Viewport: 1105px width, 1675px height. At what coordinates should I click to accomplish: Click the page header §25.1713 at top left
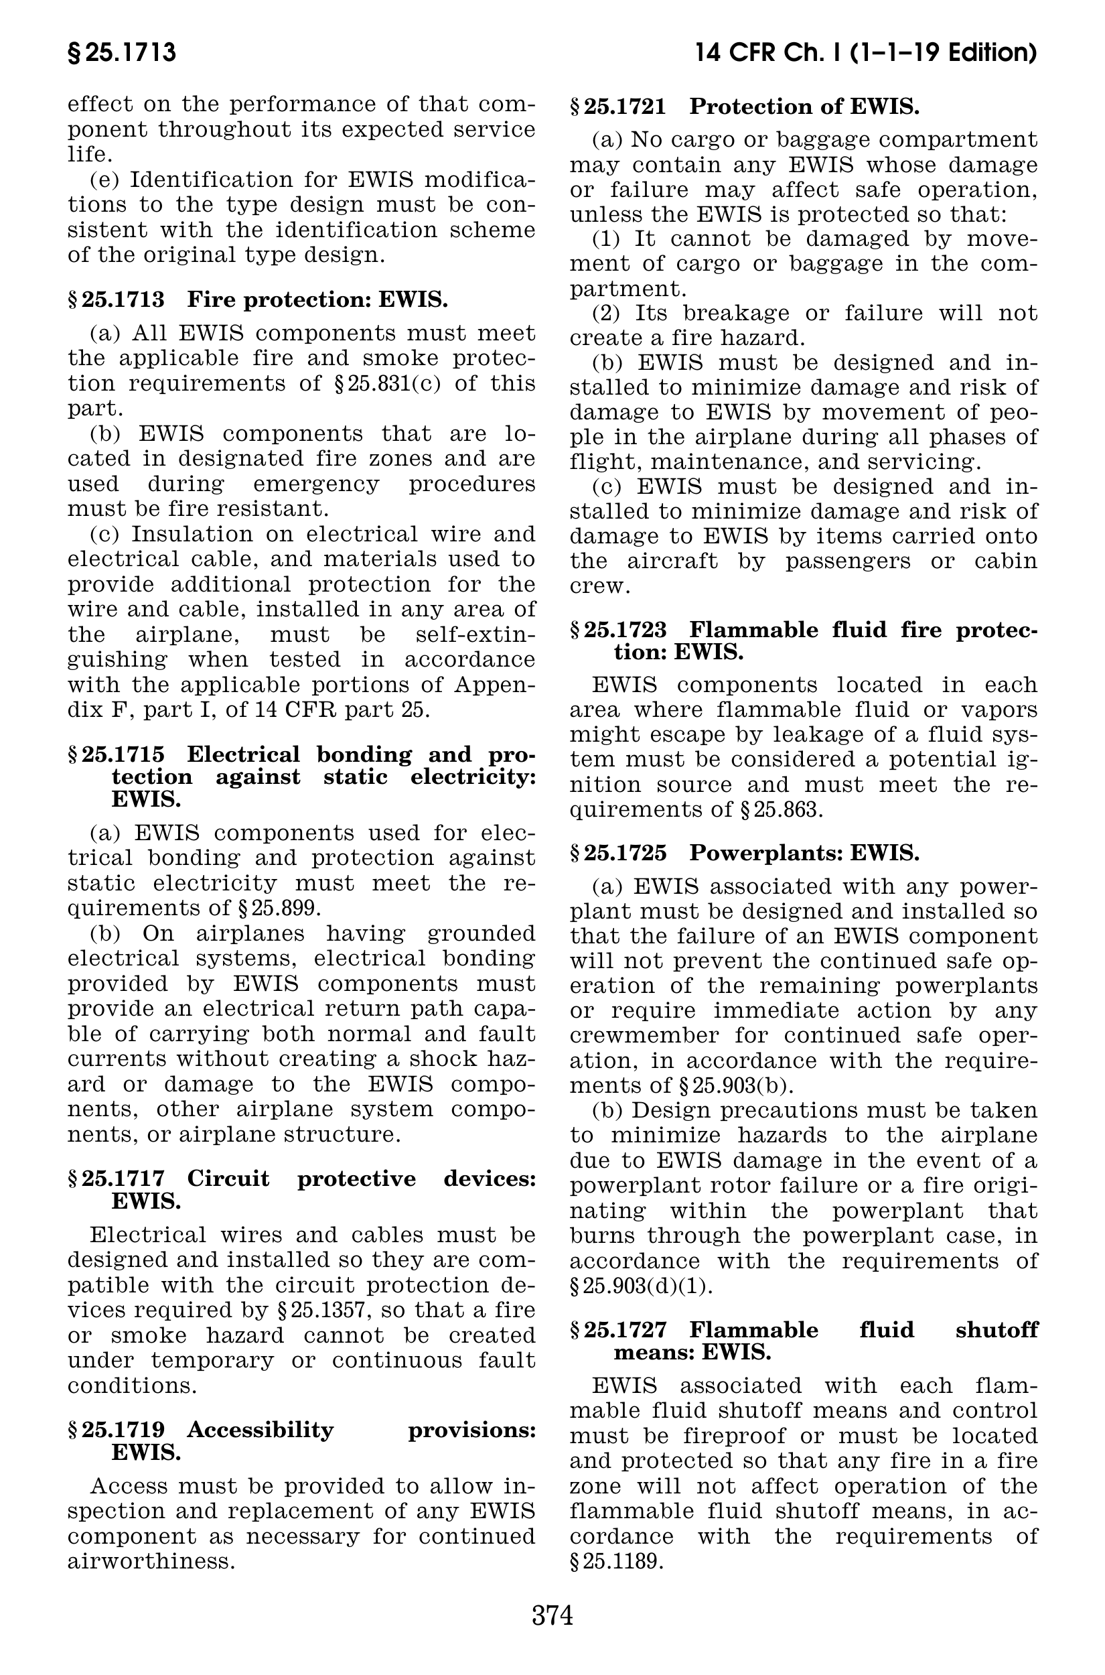click(121, 54)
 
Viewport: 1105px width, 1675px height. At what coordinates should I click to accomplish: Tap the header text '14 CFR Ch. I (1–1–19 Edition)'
click(865, 54)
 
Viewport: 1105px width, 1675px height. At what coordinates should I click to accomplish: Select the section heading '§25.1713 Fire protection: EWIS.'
click(258, 299)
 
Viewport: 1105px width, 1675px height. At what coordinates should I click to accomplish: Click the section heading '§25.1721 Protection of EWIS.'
click(745, 107)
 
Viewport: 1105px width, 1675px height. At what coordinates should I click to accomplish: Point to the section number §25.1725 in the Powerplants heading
click(618, 853)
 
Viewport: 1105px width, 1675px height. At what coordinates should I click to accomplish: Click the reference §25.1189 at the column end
click(617, 1562)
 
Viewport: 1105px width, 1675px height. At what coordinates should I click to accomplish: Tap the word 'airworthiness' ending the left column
click(151, 1562)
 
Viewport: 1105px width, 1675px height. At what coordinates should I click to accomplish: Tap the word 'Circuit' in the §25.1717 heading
click(228, 1179)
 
